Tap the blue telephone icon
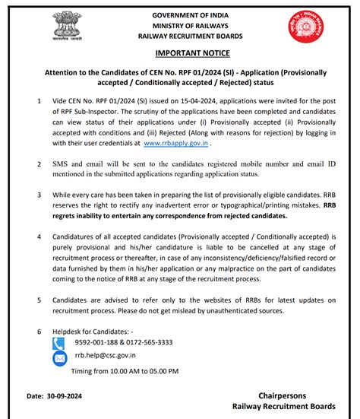click(x=59, y=343)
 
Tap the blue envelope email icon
click(x=59, y=357)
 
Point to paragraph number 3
click(x=39, y=195)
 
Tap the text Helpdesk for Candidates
click(x=90, y=332)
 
